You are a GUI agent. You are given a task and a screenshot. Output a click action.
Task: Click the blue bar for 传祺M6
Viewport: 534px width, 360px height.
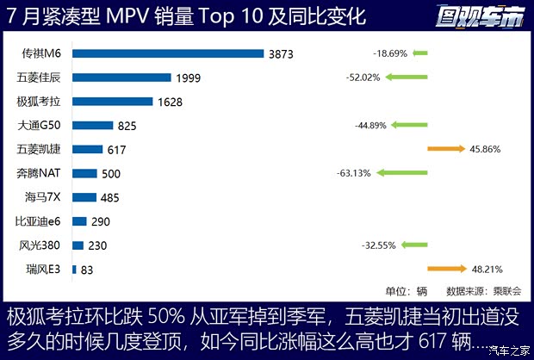(x=168, y=53)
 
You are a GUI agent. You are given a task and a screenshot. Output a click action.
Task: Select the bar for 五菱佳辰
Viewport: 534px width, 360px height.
(x=121, y=78)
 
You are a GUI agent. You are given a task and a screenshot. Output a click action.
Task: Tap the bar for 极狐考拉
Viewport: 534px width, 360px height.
(x=113, y=102)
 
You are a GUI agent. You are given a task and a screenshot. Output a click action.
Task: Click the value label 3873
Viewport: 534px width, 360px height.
(x=281, y=54)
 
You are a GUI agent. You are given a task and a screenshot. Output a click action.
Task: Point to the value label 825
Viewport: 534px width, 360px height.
(x=127, y=126)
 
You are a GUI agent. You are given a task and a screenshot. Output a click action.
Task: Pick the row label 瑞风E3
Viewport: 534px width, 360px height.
(x=43, y=270)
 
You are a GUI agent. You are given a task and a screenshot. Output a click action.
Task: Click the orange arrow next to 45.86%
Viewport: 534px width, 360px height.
(x=446, y=149)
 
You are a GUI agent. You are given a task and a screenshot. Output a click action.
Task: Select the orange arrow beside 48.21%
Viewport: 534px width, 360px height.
(x=446, y=269)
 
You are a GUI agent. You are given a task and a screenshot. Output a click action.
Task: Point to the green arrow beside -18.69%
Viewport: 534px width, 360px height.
(x=419, y=53)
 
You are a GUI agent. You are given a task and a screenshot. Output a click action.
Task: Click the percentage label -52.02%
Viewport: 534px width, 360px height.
(x=363, y=78)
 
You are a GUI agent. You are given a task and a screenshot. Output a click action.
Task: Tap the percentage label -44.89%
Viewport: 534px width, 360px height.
(x=372, y=126)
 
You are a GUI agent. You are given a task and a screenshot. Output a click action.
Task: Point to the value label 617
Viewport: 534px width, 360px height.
(x=117, y=150)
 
